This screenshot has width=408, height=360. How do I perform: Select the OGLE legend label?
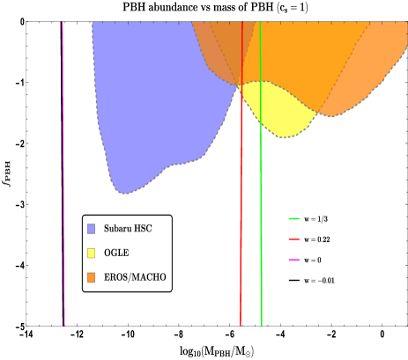(x=117, y=253)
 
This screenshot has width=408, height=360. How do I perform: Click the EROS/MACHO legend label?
(x=134, y=278)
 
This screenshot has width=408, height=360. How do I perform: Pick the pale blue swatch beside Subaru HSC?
(x=92, y=229)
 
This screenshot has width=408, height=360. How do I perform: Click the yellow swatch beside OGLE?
(x=92, y=253)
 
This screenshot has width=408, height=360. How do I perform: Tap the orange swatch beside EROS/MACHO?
(x=92, y=278)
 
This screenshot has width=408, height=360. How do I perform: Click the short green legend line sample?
(x=293, y=218)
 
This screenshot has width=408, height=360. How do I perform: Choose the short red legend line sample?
(x=293, y=239)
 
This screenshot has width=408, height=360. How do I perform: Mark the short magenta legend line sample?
(x=293, y=260)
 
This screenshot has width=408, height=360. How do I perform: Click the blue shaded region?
(x=150, y=106)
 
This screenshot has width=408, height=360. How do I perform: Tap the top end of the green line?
(x=260, y=24)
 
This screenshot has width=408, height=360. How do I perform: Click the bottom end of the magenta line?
(x=64, y=324)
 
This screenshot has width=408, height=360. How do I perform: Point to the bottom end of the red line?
(x=241, y=324)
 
